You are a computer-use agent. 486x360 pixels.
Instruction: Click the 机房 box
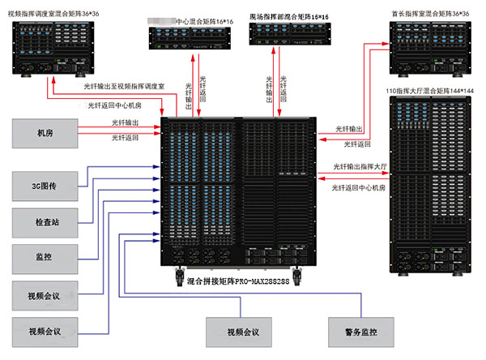(x=45, y=134)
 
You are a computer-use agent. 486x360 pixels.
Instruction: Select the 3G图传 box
(x=45, y=186)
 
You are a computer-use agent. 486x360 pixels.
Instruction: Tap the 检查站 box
(x=45, y=222)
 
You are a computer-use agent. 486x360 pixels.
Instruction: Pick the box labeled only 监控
(x=45, y=259)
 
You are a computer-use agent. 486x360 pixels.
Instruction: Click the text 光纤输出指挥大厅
(x=356, y=166)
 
